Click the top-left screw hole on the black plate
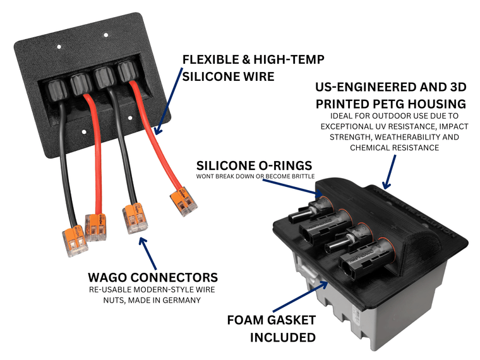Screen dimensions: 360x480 (59, 46)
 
